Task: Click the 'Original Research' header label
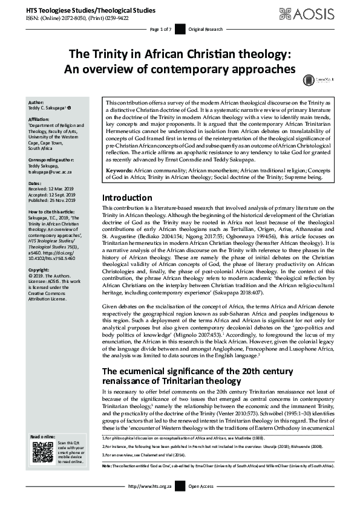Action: (x=205, y=29)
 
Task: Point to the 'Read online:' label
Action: (x=42, y=436)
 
